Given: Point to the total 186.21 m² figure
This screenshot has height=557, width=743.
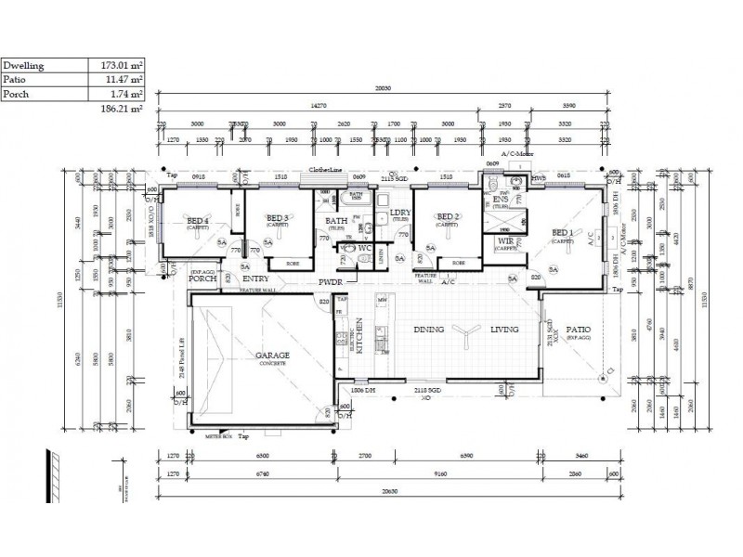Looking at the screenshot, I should pyautogui.click(x=121, y=109).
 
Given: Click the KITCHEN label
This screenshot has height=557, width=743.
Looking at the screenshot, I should pyautogui.click(x=357, y=334).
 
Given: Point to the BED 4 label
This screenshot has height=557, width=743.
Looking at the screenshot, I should pyautogui.click(x=198, y=220).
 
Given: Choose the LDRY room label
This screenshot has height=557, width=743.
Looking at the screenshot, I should pyautogui.click(x=401, y=214).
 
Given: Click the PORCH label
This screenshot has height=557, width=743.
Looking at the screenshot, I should pyautogui.click(x=202, y=278).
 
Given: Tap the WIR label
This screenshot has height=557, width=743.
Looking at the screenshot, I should pyautogui.click(x=504, y=240).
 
